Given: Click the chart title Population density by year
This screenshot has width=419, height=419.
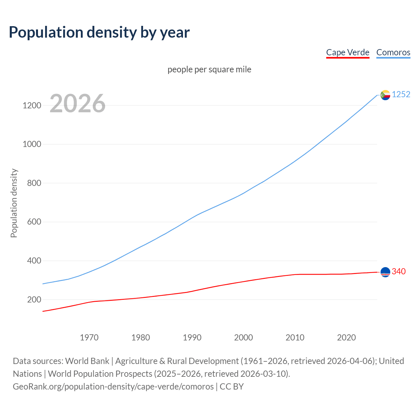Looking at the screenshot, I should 99,32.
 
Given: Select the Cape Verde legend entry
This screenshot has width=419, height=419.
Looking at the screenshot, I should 348,52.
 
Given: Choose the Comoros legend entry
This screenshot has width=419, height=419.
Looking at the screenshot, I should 393,52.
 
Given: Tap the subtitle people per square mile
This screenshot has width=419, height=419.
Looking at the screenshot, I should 209,69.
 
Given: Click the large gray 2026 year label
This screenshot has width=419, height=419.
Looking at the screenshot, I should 78,103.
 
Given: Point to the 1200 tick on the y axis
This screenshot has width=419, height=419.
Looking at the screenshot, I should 32,105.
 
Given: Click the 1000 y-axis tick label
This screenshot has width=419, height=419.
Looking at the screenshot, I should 32,144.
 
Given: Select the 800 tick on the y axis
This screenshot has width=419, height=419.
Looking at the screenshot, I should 34,183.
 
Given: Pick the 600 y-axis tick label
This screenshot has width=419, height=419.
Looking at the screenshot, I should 34,222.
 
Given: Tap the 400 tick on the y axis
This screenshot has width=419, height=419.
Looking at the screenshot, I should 34,261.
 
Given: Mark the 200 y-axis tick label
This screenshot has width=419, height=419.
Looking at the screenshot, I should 34,300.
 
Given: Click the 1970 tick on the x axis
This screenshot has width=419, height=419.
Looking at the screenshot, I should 89,337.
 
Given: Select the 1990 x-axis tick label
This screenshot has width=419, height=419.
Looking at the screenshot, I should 192,337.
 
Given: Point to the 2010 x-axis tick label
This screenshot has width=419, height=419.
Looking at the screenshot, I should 295,337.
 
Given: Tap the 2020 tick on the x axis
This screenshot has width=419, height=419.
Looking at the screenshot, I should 346,337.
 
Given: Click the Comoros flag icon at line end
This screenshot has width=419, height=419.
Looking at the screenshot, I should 385,95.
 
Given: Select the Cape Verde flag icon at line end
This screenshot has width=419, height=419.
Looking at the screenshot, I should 385,272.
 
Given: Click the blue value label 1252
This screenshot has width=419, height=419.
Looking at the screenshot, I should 401,95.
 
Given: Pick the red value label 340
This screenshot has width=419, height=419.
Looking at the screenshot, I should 399,272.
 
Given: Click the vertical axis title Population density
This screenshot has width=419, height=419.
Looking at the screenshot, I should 14,203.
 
